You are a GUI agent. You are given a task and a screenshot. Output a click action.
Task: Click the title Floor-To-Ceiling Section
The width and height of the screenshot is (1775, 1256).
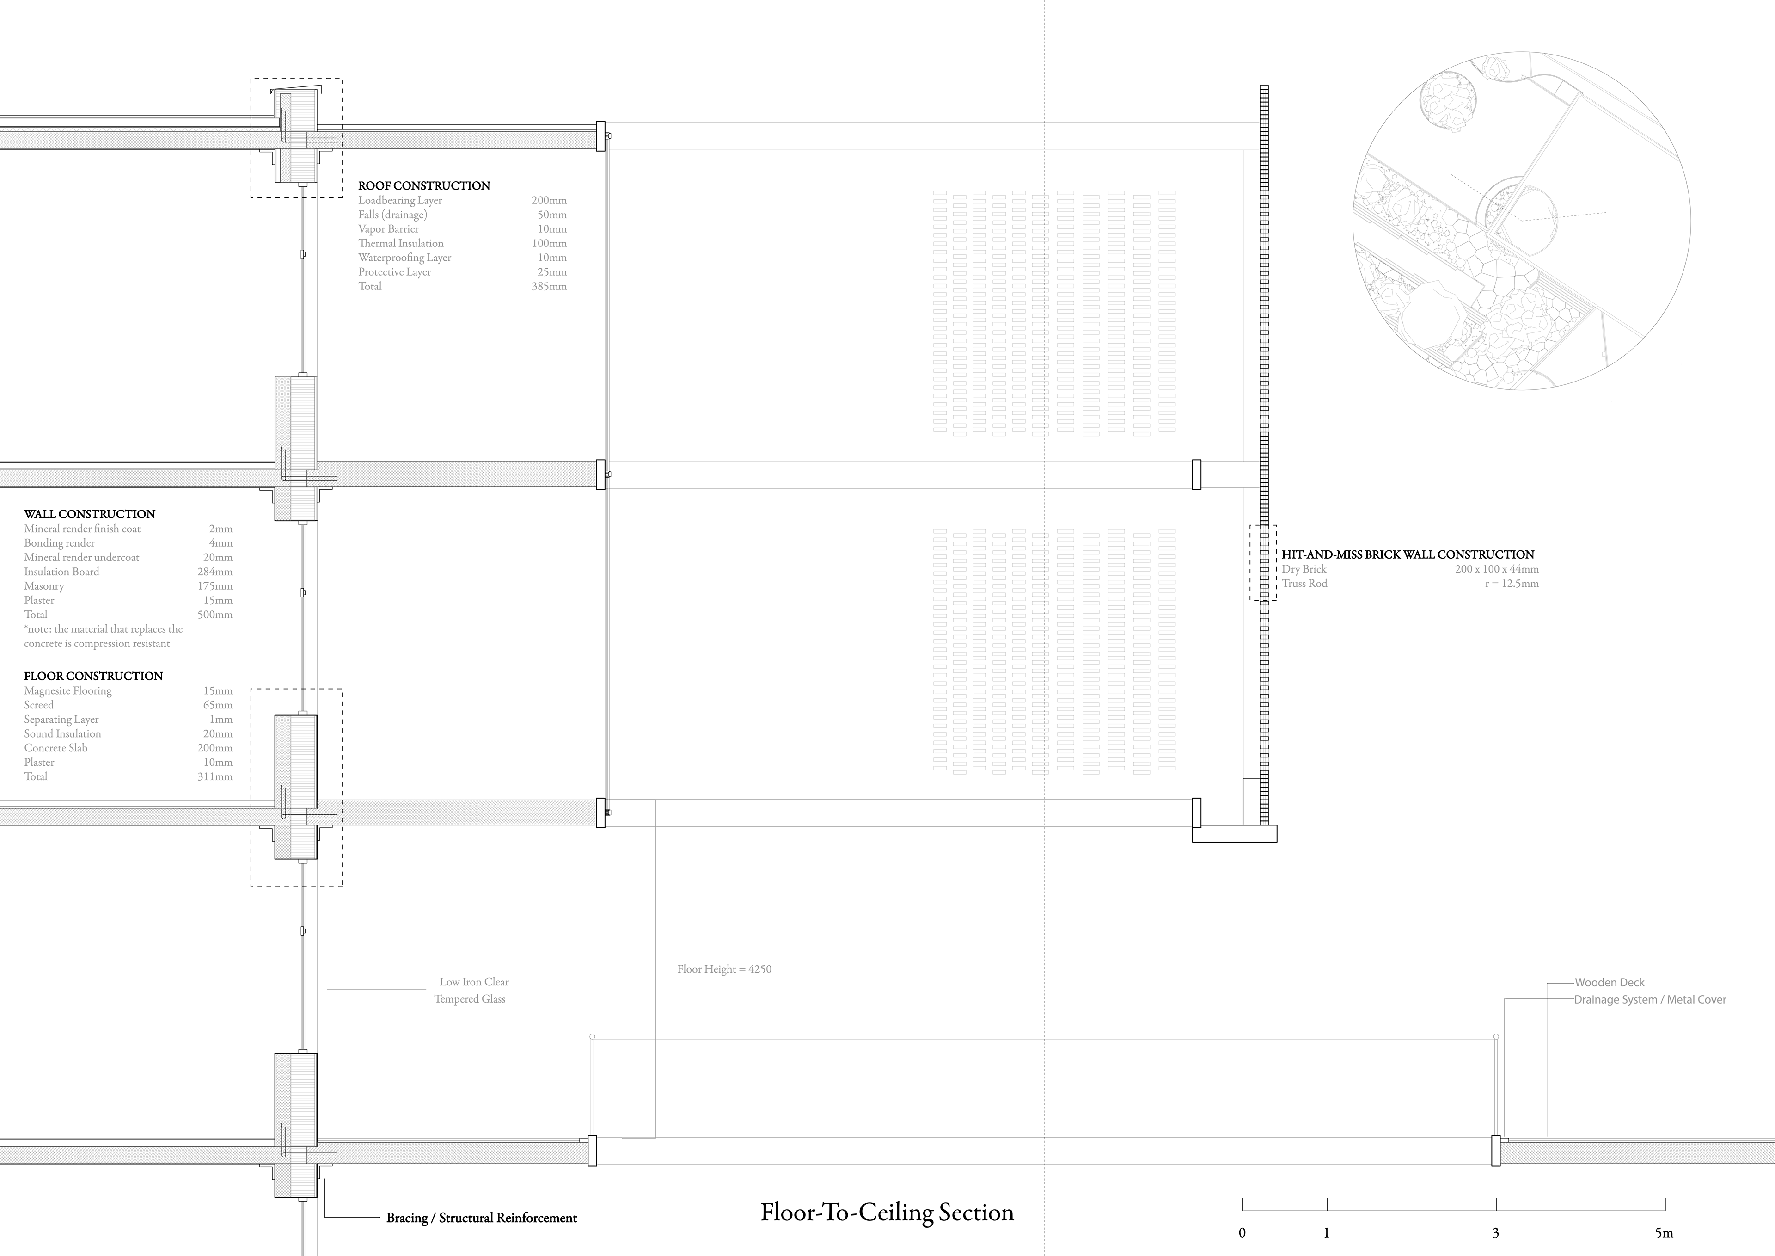pos(887,1212)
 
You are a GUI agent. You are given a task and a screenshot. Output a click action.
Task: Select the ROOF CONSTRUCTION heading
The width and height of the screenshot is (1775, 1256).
pos(424,185)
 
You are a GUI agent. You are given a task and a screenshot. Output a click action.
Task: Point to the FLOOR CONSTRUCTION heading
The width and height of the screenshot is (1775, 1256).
pos(93,676)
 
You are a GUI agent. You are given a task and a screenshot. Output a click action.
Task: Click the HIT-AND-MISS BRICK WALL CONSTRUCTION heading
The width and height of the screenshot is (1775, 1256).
pos(1408,554)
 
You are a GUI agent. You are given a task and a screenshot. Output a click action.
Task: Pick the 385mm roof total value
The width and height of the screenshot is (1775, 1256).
pos(549,286)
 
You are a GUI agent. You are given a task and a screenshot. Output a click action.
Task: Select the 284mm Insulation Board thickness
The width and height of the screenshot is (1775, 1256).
pos(215,572)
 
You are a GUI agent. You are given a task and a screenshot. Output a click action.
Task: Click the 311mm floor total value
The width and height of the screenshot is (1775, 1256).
pos(215,776)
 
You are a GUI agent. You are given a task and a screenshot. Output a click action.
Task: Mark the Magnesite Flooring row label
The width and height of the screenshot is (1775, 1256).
pos(68,690)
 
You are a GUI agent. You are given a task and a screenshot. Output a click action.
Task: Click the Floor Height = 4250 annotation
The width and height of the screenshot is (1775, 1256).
pos(724,969)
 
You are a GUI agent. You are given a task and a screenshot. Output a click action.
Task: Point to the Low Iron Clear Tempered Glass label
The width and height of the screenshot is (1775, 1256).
pos(471,991)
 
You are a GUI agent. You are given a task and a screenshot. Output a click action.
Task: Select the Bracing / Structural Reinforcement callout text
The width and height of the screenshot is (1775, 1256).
pos(482,1218)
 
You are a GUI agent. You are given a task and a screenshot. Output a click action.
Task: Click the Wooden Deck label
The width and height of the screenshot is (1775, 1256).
pos(1610,982)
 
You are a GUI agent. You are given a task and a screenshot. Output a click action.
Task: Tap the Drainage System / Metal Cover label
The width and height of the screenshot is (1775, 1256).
pos(1650,999)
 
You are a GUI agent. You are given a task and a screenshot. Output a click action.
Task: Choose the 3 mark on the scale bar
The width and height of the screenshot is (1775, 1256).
pos(1495,1233)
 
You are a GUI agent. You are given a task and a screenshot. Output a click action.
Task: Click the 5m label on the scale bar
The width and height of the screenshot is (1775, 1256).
pos(1664,1233)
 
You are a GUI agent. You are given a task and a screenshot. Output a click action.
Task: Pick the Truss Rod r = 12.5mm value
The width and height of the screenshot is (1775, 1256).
pos(1512,583)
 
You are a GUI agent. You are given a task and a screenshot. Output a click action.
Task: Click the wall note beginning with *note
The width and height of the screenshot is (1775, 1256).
pos(104,636)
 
